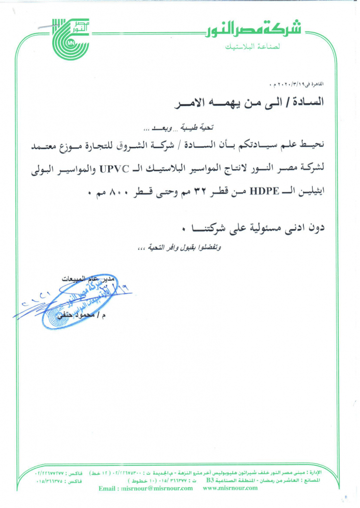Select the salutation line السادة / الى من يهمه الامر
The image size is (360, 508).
tap(252, 103)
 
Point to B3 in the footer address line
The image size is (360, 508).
tap(211, 480)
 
